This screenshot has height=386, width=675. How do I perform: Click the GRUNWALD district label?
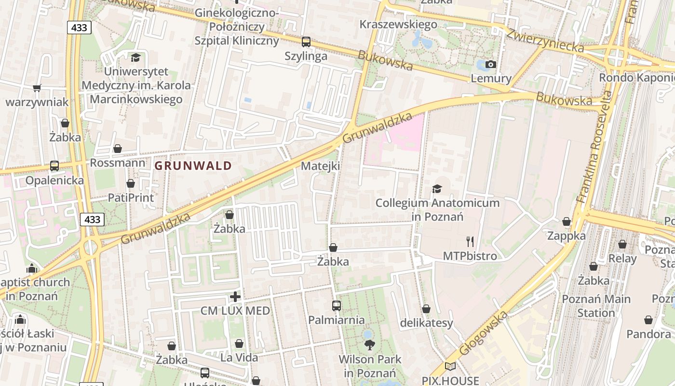click(193, 166)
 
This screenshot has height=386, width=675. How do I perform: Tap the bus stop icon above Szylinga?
click(306, 42)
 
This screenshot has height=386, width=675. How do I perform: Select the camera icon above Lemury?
click(491, 64)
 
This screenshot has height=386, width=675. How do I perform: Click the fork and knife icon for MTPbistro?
click(470, 241)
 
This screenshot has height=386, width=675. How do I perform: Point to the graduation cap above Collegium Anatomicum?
click(437, 189)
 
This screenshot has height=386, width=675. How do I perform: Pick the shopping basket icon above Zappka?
click(567, 221)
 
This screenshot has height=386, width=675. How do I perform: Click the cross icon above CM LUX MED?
click(235, 296)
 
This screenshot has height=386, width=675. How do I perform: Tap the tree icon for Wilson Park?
click(370, 345)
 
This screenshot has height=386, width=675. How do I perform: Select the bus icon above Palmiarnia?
click(336, 305)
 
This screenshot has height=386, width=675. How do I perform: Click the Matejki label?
click(320, 166)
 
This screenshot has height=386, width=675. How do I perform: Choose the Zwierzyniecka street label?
click(545, 41)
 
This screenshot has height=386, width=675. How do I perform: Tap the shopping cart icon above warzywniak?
click(37, 88)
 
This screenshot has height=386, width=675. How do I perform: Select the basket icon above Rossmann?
click(117, 149)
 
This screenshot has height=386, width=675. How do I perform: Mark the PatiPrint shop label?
click(131, 197)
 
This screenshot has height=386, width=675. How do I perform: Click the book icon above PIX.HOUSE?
click(450, 367)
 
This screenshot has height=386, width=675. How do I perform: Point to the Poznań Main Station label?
click(596, 306)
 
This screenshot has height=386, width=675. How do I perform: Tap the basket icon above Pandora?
click(648, 320)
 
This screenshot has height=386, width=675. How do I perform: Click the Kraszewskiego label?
click(398, 24)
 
